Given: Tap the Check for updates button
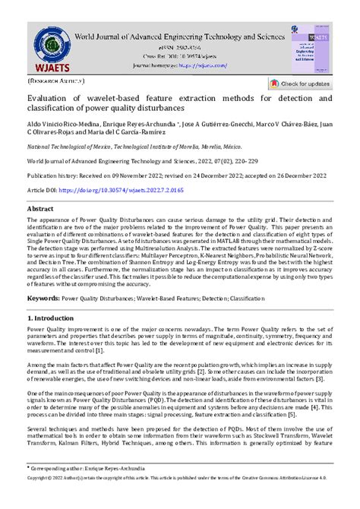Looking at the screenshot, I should point(299,84).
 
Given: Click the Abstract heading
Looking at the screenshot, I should point(40,207).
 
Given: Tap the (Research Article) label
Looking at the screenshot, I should point(54,78).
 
